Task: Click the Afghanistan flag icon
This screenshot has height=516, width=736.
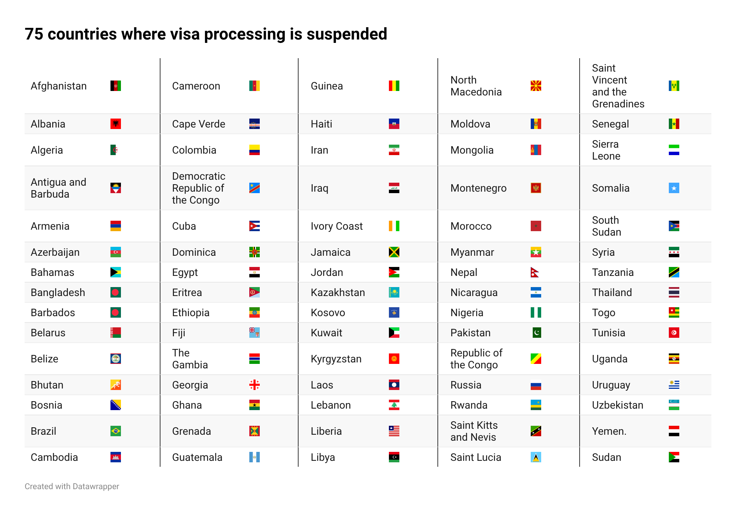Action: [116, 86]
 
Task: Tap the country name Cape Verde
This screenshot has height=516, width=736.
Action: [198, 124]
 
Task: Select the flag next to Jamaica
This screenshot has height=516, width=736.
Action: [394, 252]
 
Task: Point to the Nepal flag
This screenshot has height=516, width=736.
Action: [535, 272]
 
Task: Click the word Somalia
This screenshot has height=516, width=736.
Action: [610, 188]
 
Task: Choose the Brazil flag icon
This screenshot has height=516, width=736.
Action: [116, 431]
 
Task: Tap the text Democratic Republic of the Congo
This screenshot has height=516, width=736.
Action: [198, 188]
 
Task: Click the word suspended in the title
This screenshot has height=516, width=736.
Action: [347, 34]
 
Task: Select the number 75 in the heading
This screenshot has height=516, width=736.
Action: [34, 34]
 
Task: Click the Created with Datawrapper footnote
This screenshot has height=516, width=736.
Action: [72, 486]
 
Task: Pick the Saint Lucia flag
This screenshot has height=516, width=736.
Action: [536, 457]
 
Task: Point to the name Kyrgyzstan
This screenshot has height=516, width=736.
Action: [336, 359]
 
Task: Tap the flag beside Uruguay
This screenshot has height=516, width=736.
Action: [674, 385]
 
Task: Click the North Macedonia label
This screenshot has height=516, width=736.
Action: [476, 86]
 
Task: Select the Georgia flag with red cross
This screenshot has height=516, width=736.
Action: [254, 385]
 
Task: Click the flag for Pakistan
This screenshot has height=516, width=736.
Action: [536, 333]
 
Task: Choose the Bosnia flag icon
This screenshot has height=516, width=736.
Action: [116, 405]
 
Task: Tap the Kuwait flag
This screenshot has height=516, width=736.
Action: [394, 333]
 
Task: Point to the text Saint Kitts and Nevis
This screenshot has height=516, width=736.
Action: [474, 431]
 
